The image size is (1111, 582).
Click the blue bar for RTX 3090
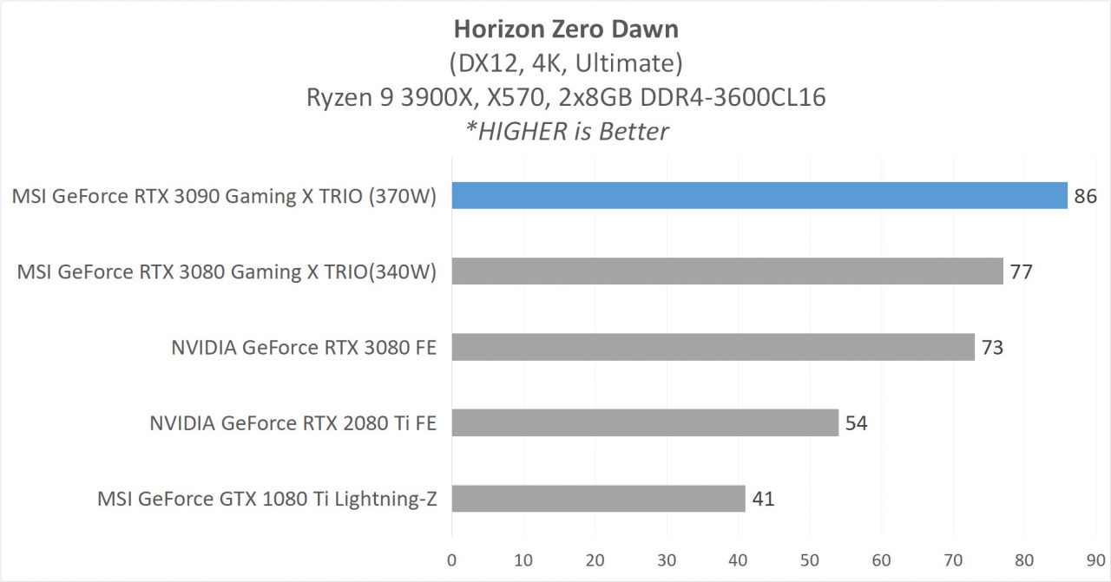click(759, 196)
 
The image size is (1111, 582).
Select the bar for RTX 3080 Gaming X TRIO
click(727, 271)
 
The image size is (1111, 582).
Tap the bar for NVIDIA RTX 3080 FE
click(713, 348)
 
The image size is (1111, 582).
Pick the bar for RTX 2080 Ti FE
click(645, 423)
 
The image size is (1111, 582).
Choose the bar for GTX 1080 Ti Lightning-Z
click(598, 499)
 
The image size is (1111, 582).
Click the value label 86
click(1085, 197)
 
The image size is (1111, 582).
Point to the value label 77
click(1021, 272)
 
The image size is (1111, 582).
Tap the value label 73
click(992, 348)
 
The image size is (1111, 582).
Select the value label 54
click(856, 423)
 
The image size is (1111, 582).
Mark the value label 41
click(763, 499)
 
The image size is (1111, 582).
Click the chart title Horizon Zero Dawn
click(566, 29)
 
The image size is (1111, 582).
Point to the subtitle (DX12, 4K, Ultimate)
click(566, 63)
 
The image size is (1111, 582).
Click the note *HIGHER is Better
click(566, 131)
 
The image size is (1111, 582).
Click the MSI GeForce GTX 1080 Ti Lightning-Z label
click(266, 500)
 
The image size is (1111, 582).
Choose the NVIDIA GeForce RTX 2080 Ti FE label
click(293, 424)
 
